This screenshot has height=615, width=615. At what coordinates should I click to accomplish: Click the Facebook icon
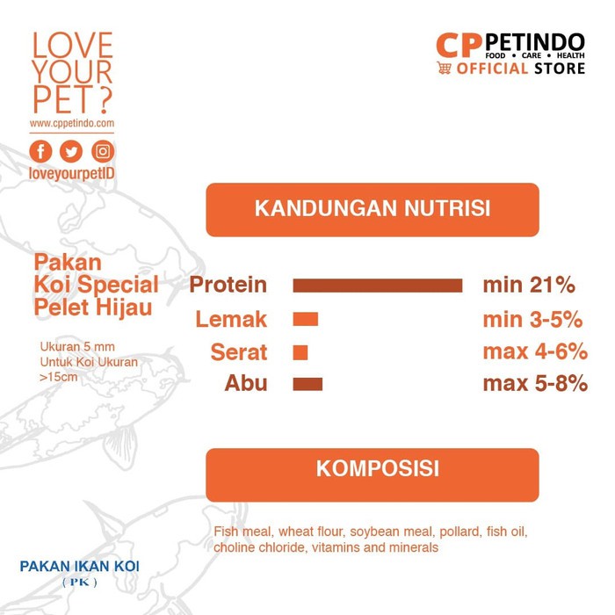click(40, 151)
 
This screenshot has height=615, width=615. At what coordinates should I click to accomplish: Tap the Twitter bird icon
click(71, 151)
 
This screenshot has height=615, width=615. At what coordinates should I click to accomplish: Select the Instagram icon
click(103, 151)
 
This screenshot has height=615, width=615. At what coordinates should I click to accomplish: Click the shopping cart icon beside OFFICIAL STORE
click(444, 68)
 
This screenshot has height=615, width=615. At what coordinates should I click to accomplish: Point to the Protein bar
click(377, 286)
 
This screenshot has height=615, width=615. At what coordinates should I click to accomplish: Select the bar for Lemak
click(305, 319)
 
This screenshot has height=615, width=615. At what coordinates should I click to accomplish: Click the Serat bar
click(300, 352)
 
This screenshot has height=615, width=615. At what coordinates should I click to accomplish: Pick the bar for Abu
click(307, 384)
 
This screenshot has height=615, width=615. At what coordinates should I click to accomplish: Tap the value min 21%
click(529, 285)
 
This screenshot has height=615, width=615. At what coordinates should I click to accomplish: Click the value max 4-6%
click(535, 351)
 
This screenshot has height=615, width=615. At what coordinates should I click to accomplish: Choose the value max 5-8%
click(535, 383)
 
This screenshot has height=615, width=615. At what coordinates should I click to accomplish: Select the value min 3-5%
click(532, 319)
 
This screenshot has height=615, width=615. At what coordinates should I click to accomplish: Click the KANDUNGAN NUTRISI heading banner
click(373, 209)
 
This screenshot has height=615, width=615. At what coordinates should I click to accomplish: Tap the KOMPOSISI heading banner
click(373, 475)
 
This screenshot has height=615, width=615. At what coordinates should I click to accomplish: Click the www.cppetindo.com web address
click(72, 124)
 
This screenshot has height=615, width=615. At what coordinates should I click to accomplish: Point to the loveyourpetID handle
click(72, 173)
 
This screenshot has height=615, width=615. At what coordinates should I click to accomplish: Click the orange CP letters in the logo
click(459, 46)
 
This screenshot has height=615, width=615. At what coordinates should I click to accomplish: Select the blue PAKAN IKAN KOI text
click(80, 567)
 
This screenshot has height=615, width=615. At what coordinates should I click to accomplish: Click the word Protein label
click(228, 286)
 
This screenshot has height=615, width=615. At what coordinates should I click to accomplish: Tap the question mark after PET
click(104, 99)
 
